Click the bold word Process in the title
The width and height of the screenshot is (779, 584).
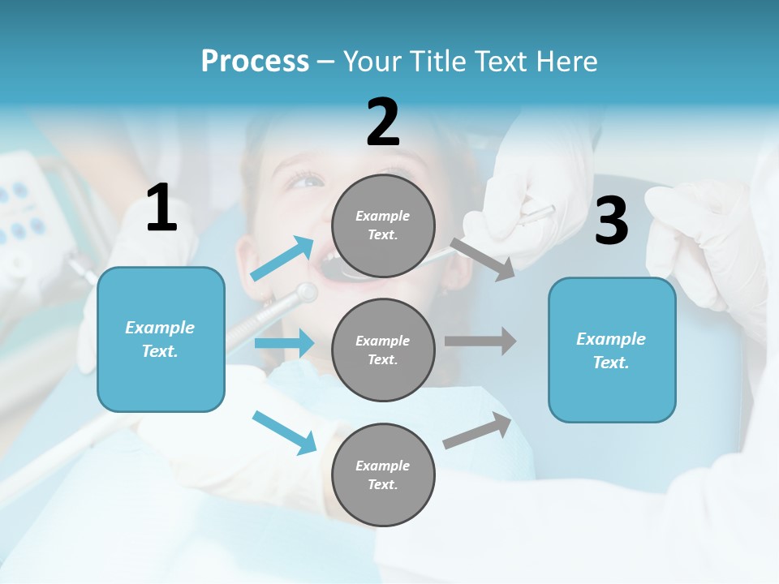(255, 62)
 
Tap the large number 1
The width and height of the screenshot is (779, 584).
(161, 208)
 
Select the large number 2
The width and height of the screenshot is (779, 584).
(383, 122)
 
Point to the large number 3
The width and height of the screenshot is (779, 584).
(611, 221)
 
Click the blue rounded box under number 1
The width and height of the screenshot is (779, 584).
(161, 339)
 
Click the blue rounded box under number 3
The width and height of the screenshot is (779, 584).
(612, 350)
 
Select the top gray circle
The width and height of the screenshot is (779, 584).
(383, 225)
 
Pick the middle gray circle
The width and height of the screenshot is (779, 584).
(383, 350)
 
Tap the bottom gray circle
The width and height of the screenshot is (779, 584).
(383, 474)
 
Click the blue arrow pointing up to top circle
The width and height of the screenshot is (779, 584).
(282, 259)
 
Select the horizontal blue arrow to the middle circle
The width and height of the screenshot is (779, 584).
(284, 343)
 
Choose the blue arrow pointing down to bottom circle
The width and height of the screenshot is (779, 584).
(284, 432)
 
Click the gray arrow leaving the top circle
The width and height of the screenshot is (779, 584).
(483, 259)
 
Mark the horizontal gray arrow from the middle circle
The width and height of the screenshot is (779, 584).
(480, 341)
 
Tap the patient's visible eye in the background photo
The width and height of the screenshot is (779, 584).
(305, 179)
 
